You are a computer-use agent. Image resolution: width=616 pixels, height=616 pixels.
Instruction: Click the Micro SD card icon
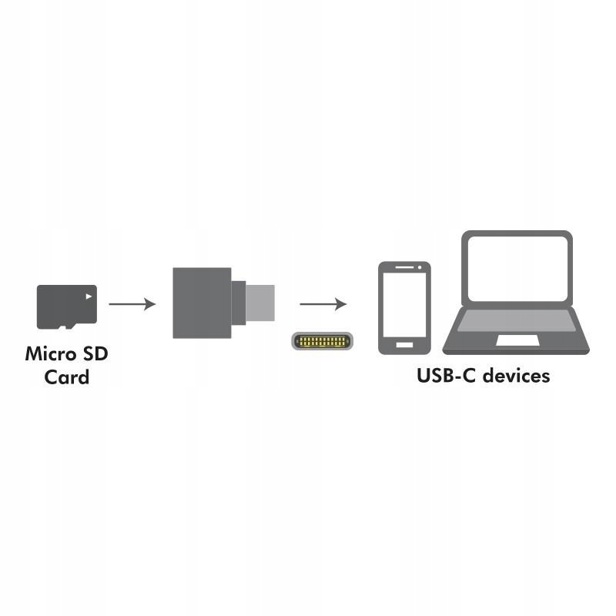click(67, 306)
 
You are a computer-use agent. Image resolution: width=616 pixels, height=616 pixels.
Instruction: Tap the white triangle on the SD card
click(89, 296)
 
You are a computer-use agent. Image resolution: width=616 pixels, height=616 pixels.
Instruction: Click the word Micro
click(51, 353)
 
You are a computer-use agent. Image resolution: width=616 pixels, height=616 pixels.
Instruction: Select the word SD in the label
click(95, 353)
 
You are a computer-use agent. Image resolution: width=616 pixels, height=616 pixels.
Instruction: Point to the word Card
click(67, 377)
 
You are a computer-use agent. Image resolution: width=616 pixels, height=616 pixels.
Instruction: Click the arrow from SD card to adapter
click(132, 304)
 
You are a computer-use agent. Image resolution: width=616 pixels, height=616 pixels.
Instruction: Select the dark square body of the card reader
click(202, 303)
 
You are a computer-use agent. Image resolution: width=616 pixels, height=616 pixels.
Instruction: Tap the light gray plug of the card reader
click(260, 303)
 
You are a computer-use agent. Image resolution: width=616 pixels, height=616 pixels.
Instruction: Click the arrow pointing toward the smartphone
click(323, 304)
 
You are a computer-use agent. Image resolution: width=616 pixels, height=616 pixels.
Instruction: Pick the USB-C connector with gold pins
click(322, 341)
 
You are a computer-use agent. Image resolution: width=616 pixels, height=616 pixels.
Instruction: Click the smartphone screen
click(404, 304)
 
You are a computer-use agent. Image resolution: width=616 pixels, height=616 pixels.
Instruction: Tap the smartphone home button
click(404, 345)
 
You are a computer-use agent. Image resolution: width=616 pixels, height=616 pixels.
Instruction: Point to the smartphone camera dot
click(420, 267)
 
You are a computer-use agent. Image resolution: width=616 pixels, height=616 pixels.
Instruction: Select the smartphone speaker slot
click(404, 267)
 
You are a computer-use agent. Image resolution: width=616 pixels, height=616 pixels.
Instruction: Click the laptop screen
click(517, 269)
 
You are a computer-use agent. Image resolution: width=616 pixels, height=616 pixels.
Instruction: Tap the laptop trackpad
click(517, 340)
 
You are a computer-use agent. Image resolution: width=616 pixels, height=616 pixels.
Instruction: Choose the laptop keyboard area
click(517, 320)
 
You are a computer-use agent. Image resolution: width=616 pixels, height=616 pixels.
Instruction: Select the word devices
click(516, 376)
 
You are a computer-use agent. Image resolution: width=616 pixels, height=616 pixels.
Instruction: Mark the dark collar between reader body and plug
click(239, 303)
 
